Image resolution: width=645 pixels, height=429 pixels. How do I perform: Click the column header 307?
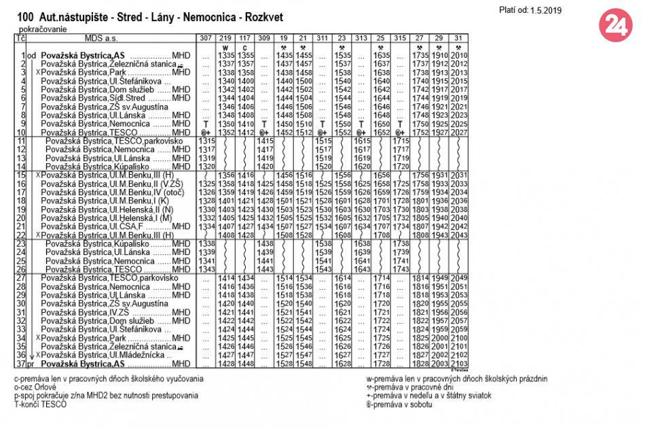(x=206, y=37)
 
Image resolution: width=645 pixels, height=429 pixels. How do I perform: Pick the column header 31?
(x=460, y=37)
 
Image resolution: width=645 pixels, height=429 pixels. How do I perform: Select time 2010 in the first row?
(x=460, y=55)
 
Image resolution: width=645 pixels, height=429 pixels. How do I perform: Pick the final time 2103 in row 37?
(x=460, y=364)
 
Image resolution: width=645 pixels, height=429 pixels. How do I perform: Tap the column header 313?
(x=362, y=37)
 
